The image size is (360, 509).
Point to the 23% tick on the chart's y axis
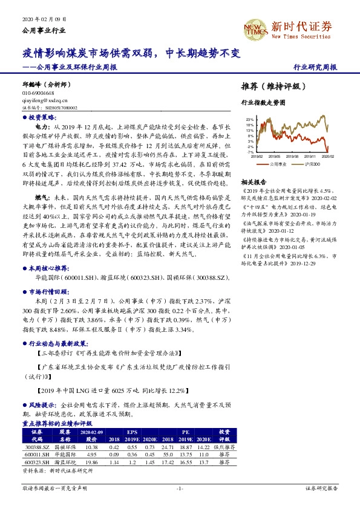250,120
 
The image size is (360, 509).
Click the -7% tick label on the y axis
250,152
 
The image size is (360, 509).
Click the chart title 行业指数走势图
263,103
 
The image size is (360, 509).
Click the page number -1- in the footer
179,487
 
